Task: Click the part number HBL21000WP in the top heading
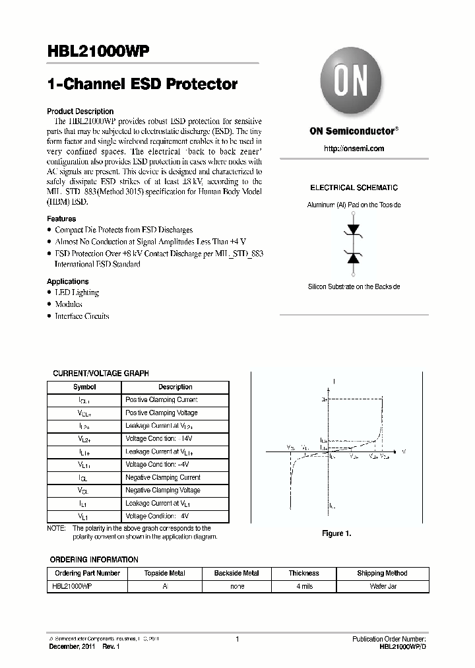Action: [98, 53]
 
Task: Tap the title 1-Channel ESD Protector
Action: [142, 84]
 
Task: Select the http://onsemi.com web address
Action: [354, 149]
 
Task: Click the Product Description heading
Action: [80, 112]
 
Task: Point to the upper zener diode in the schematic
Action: [354, 230]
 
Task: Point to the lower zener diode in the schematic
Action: [354, 257]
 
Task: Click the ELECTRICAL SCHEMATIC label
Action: [354, 188]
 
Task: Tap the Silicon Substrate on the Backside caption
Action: [354, 286]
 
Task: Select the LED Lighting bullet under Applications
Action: [77, 292]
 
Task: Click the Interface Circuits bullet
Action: [82, 316]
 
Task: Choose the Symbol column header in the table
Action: [84, 387]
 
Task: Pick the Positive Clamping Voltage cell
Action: [162, 413]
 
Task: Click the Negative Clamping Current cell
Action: [163, 477]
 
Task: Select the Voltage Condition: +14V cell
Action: [160, 439]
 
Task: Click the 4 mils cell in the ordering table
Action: [303, 586]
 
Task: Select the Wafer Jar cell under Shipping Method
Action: [382, 586]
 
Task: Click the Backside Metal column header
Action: [236, 574]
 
